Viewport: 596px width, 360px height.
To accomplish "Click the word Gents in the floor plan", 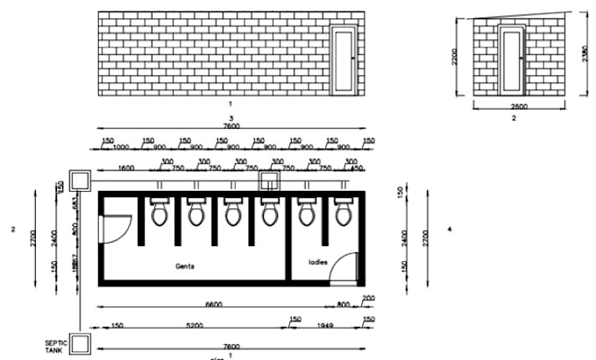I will (x=184, y=265).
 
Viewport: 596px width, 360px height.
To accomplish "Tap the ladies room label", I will (x=317, y=262).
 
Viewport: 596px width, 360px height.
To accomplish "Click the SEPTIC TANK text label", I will (x=56, y=346).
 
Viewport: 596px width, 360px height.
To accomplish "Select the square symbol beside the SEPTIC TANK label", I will (x=83, y=342).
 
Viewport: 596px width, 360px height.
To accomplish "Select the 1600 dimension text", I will (x=125, y=167).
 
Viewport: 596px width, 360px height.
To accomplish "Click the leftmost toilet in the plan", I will (x=160, y=213).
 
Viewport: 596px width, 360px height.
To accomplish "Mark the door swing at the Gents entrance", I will (x=112, y=229).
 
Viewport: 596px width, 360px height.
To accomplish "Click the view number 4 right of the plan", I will (x=449, y=229).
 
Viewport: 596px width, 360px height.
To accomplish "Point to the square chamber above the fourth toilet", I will (x=269, y=181).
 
